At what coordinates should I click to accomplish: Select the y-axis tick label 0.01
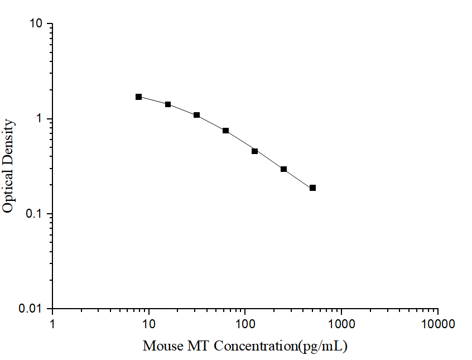pyautogui.click(x=31, y=309)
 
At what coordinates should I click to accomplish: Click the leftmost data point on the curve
pyautogui.click(x=139, y=97)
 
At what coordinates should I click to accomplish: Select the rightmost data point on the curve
pyautogui.click(x=313, y=188)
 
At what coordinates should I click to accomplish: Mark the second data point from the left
pyautogui.click(x=168, y=104)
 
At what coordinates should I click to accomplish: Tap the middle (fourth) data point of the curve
pyautogui.click(x=226, y=131)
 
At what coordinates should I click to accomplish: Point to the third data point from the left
pyautogui.click(x=197, y=115)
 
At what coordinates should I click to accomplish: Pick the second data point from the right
pyautogui.click(x=284, y=169)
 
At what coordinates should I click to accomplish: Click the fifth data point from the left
pyautogui.click(x=255, y=151)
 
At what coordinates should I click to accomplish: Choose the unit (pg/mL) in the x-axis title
pyautogui.click(x=323, y=346)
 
